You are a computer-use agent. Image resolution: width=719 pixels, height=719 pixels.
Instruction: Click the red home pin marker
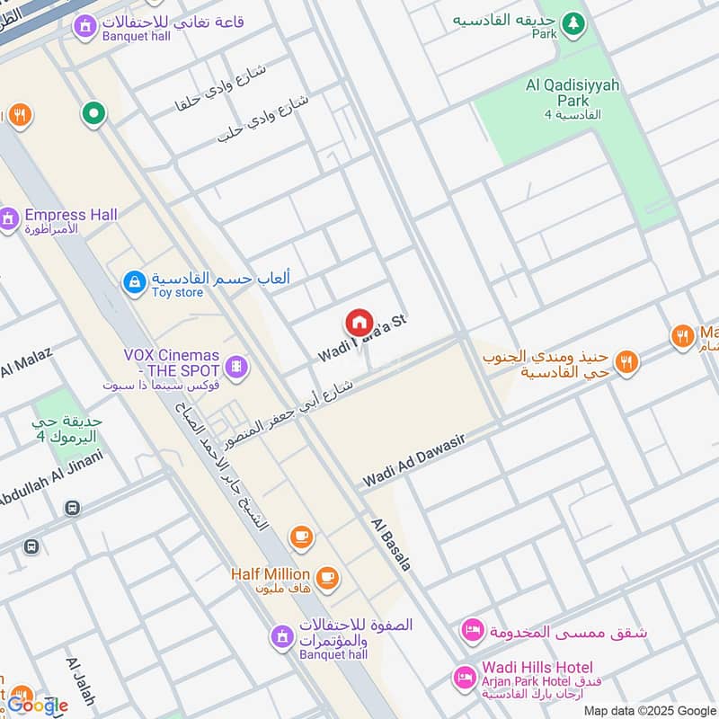(359, 323)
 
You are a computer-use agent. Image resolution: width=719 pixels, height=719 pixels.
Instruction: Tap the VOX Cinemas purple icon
(235, 366)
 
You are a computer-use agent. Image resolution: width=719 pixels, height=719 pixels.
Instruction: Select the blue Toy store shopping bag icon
(134, 283)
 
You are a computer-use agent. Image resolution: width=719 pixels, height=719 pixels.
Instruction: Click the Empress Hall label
(70, 216)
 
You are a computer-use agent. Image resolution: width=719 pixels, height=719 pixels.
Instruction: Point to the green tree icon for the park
(573, 22)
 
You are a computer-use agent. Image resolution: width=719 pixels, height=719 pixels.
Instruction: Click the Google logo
(38, 706)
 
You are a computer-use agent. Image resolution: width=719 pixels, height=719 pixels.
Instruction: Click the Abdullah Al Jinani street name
(49, 477)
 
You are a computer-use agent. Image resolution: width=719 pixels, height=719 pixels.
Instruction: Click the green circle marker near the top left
(93, 113)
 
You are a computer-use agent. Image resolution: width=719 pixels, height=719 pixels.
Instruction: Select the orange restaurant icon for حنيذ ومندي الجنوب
(627, 361)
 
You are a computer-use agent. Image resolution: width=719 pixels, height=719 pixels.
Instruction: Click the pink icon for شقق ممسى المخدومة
(471, 631)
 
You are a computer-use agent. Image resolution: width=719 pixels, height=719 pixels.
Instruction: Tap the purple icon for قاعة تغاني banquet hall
(84, 28)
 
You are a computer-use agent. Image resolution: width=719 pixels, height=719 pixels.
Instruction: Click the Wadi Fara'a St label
(363, 339)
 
